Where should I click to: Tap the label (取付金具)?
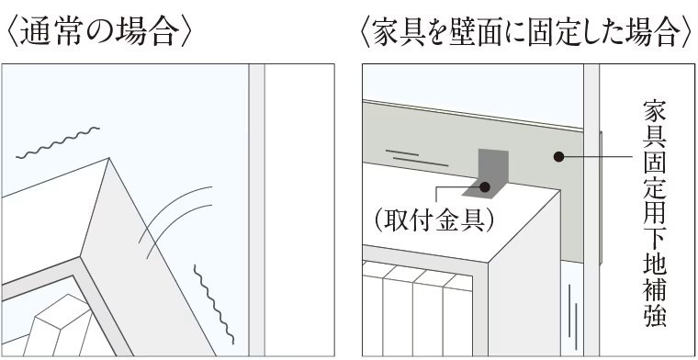pos(434,220)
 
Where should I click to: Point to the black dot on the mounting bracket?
pos(485,187)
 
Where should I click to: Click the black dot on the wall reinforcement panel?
pos(558,157)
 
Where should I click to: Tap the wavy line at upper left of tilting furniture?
pos(58,142)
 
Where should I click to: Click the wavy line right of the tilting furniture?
pos(214,304)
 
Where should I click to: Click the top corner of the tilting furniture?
pos(109,158)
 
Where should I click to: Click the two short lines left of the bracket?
pos(417,158)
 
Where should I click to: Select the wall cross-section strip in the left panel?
pos(256,210)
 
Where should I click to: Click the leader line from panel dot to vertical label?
pos(596,157)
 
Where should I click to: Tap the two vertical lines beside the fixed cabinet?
pos(573,317)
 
